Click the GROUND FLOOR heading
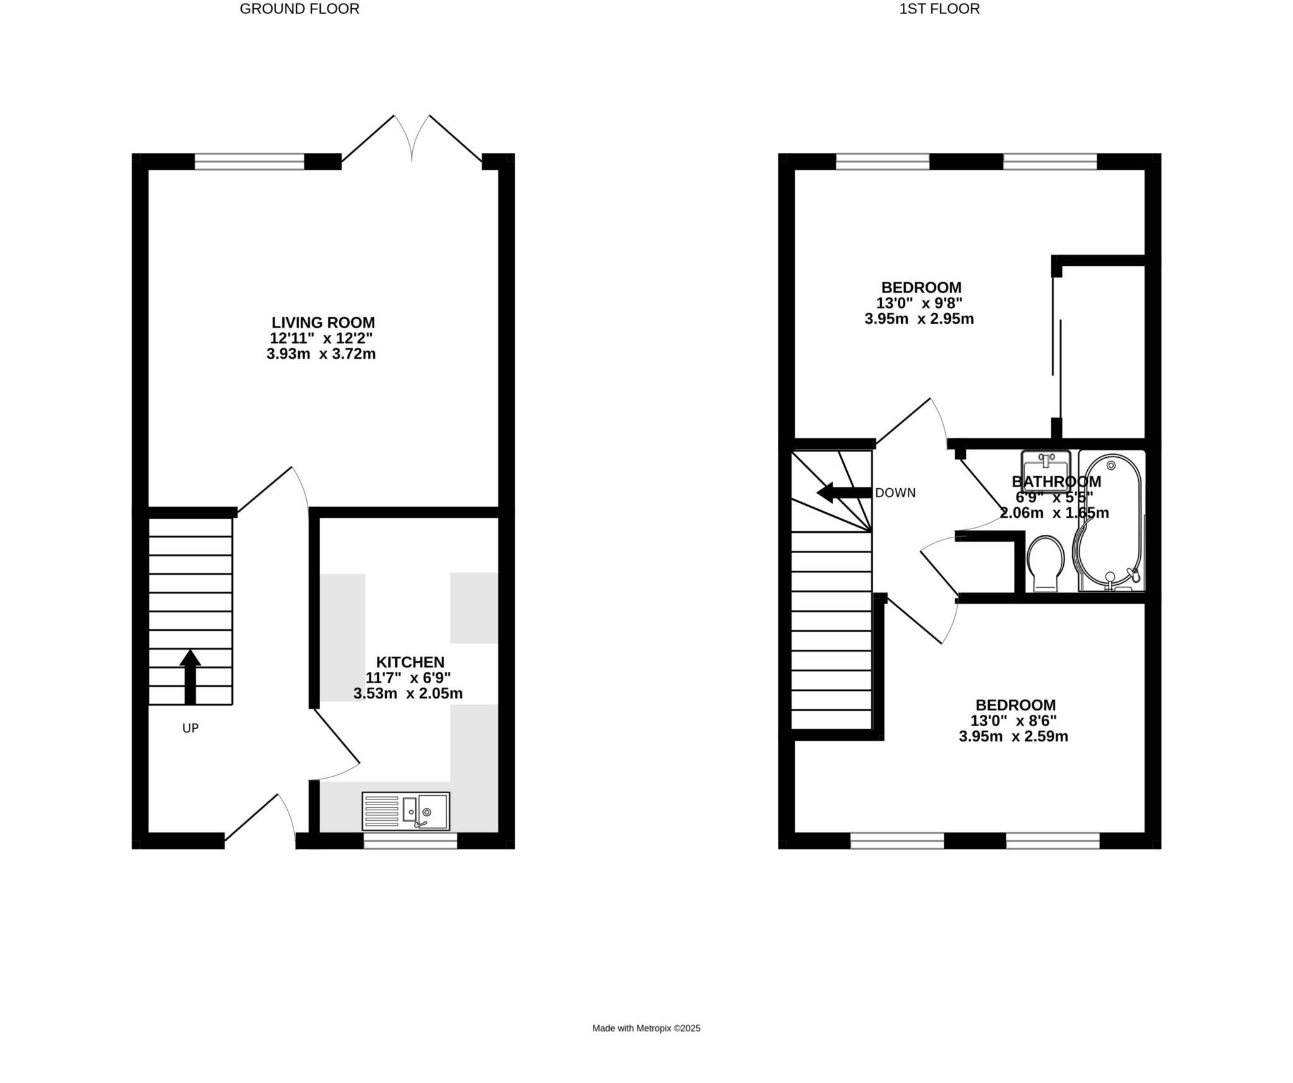(x=299, y=9)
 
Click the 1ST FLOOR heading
(x=939, y=9)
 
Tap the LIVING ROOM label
(x=323, y=323)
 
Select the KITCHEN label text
(x=410, y=662)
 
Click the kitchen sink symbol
(x=406, y=811)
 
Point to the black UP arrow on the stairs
(x=190, y=676)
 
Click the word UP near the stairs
(x=190, y=728)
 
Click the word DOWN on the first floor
(x=895, y=493)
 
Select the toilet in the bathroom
(x=1046, y=563)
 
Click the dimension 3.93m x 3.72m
(x=321, y=354)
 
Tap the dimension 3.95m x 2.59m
(x=1013, y=736)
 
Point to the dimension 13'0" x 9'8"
(x=919, y=303)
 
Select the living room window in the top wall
(x=249, y=162)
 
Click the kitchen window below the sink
(x=410, y=841)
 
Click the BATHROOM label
(x=1056, y=482)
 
